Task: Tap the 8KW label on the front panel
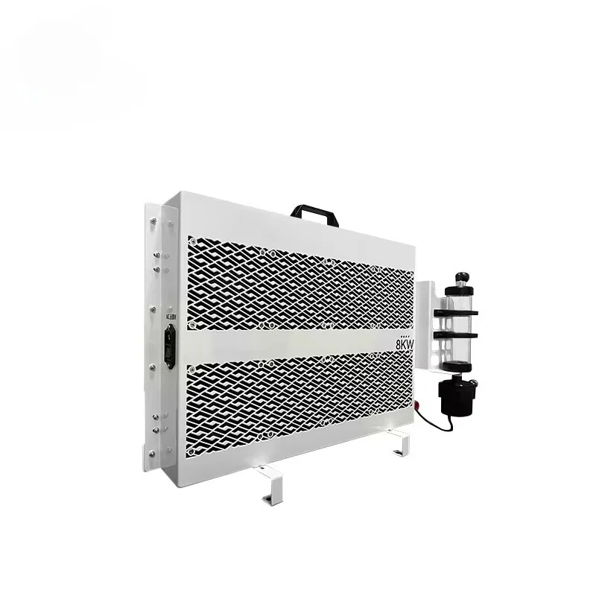pyautogui.click(x=404, y=346)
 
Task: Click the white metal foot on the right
pyautogui.click(x=399, y=446)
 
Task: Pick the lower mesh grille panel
pyautogui.click(x=298, y=402)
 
